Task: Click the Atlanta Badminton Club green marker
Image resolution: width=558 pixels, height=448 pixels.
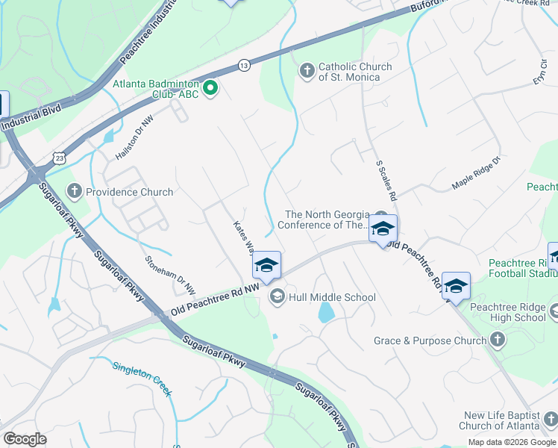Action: pos(211,90)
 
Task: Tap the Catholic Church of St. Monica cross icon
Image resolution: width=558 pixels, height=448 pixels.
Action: pos(306,72)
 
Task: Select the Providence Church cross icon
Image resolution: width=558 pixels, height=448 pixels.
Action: pos(74,192)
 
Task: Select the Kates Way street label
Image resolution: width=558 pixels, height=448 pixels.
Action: pos(245,237)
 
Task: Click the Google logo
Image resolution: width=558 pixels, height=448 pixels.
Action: pos(25,439)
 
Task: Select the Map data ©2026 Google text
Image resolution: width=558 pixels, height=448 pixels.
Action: pos(512,442)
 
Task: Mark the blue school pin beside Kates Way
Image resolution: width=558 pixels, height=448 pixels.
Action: pos(266,265)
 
